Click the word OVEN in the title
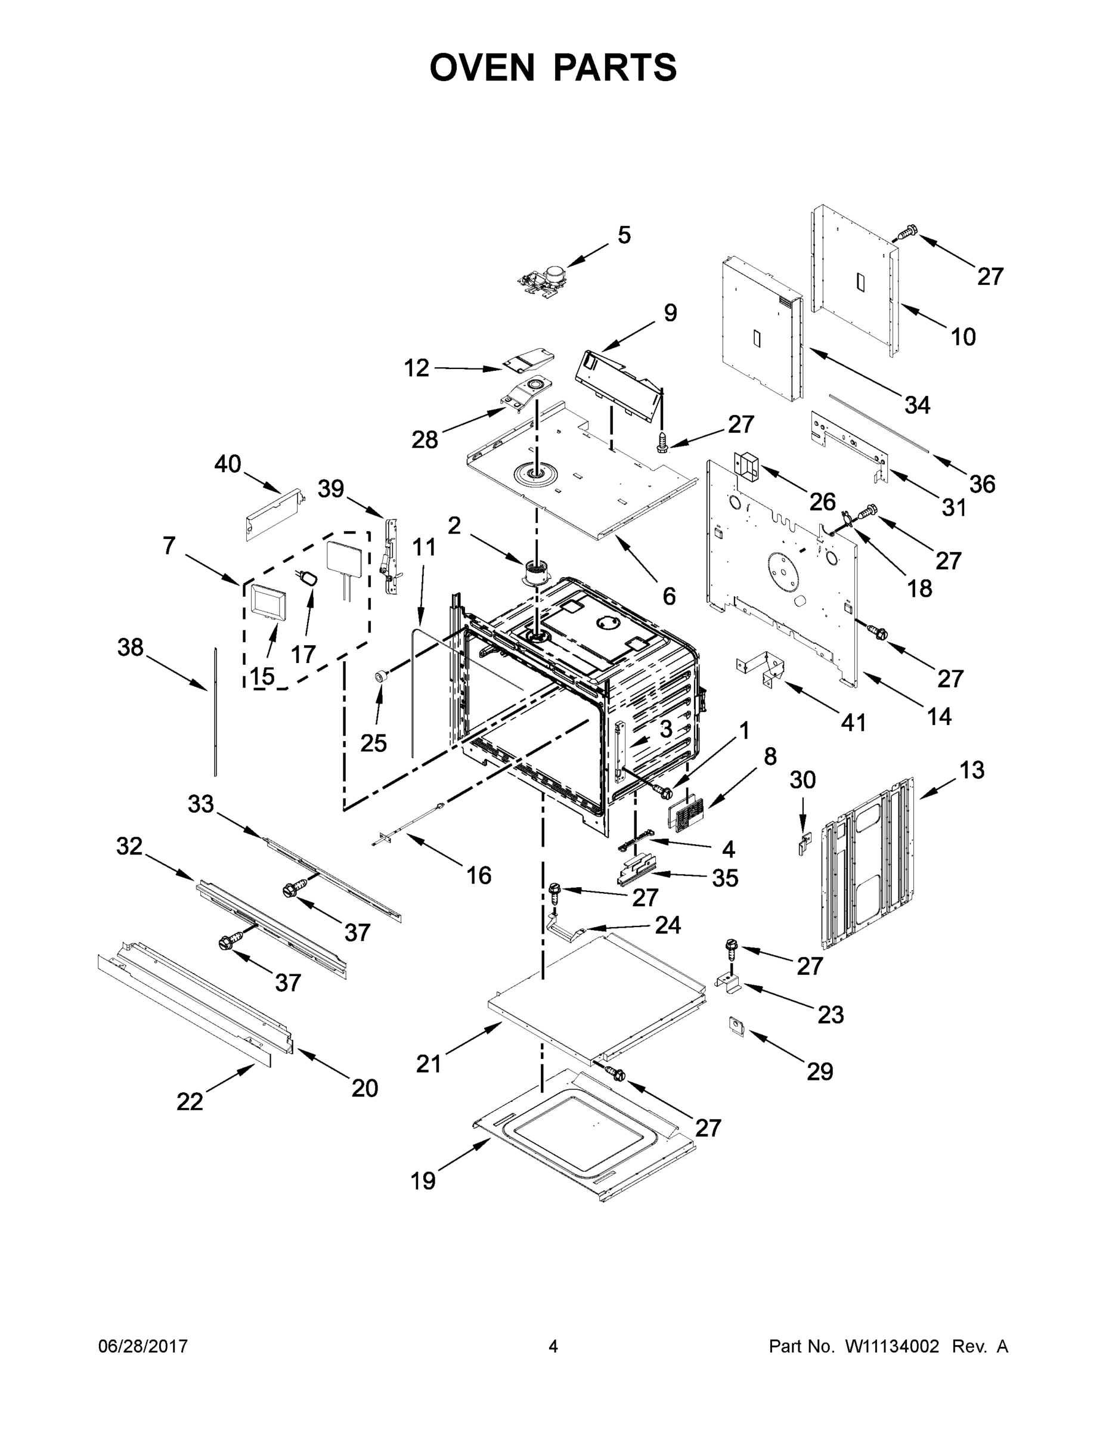[x=482, y=67]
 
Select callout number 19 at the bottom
[x=423, y=1181]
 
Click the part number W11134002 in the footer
[x=892, y=1346]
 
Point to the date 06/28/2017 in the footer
[x=143, y=1346]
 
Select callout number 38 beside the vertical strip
[x=130, y=648]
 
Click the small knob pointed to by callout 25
[x=379, y=677]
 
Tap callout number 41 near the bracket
[x=853, y=723]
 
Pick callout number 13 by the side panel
[x=972, y=770]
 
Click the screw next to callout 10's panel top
[x=907, y=232]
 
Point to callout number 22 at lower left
[x=190, y=1102]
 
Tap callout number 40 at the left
[x=227, y=464]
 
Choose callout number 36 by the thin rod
[x=982, y=484]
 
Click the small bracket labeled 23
[x=727, y=982]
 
